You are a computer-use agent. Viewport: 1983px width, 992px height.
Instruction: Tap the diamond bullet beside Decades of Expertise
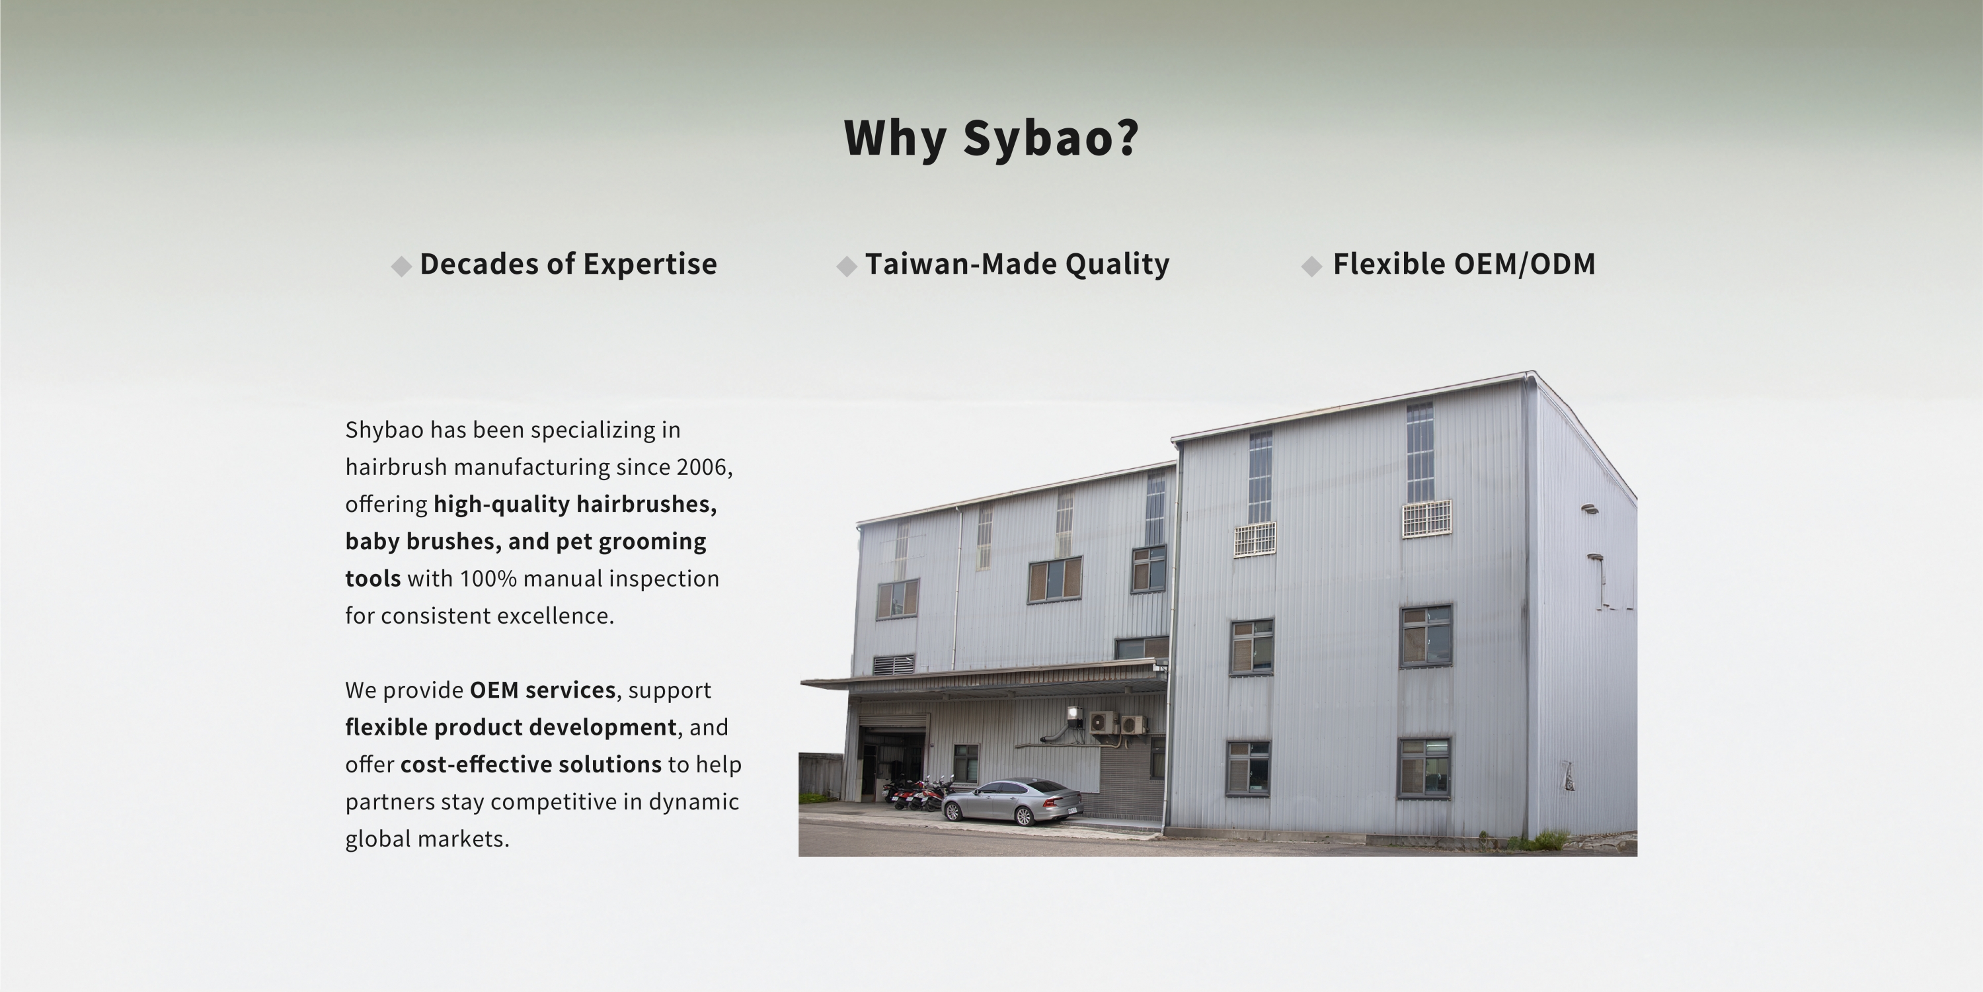pyautogui.click(x=401, y=267)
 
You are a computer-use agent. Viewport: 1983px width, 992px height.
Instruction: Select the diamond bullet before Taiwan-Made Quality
pyautogui.click(x=847, y=267)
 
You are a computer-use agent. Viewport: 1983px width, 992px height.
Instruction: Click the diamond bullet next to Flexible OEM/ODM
pyautogui.click(x=1311, y=267)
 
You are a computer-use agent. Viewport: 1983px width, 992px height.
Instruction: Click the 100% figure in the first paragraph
pyautogui.click(x=488, y=579)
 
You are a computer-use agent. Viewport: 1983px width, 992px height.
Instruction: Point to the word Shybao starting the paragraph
pyautogui.click(x=384, y=431)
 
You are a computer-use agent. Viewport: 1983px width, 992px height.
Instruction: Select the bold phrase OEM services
pyautogui.click(x=543, y=690)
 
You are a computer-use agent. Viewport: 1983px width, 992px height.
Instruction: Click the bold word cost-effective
pyautogui.click(x=476, y=765)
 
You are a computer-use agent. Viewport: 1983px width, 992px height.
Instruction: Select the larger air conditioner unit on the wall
pyautogui.click(x=1104, y=722)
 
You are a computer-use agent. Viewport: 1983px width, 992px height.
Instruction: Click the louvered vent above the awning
pyautogui.click(x=894, y=665)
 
